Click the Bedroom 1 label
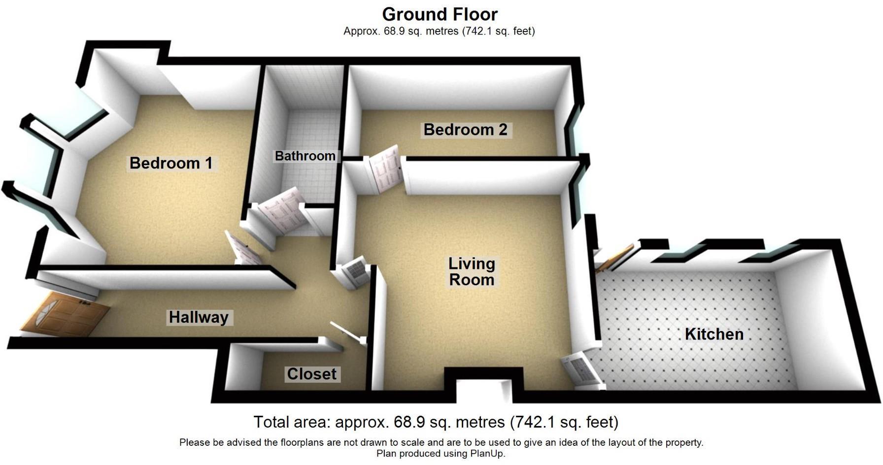170,163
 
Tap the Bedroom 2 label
465,130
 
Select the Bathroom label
305,156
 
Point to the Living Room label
472,271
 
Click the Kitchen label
714,334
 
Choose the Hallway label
199,317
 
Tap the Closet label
312,374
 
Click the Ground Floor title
440,14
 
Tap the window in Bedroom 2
574,133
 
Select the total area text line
436,422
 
